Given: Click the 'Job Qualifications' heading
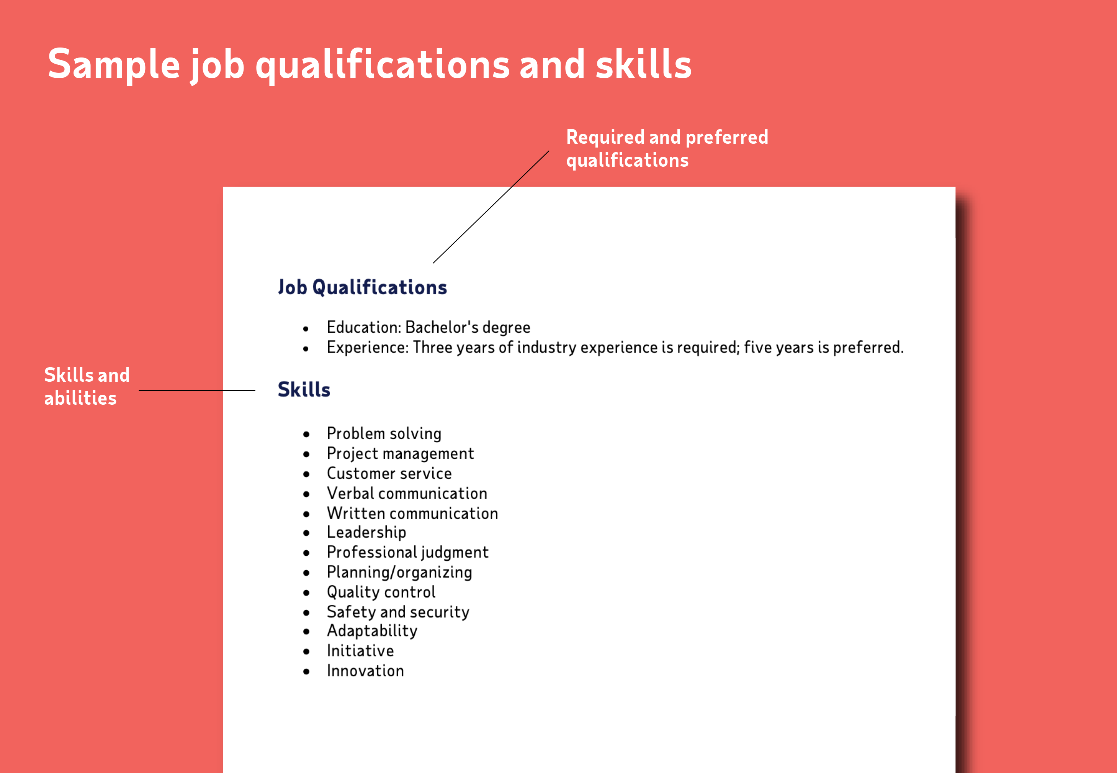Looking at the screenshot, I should (x=362, y=287).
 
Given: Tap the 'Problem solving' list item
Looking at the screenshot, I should (x=384, y=433).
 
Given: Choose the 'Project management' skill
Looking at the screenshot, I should (x=400, y=454).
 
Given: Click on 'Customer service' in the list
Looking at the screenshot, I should (x=389, y=474).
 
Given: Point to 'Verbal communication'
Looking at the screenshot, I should (x=407, y=494).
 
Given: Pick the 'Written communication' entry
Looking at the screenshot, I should (x=412, y=514).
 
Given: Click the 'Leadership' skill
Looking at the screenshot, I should (x=366, y=532).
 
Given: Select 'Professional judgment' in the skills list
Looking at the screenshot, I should (x=407, y=553).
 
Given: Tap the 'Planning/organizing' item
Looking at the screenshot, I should (x=399, y=573).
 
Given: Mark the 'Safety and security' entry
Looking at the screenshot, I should (x=398, y=612).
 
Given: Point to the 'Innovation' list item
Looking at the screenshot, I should (x=365, y=671).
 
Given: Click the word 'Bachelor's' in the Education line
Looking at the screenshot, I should (x=442, y=327).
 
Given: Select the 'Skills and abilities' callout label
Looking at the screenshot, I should (x=87, y=386).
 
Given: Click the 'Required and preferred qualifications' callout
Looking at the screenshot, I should (x=667, y=148).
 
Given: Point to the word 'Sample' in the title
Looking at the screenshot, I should (x=114, y=64).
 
